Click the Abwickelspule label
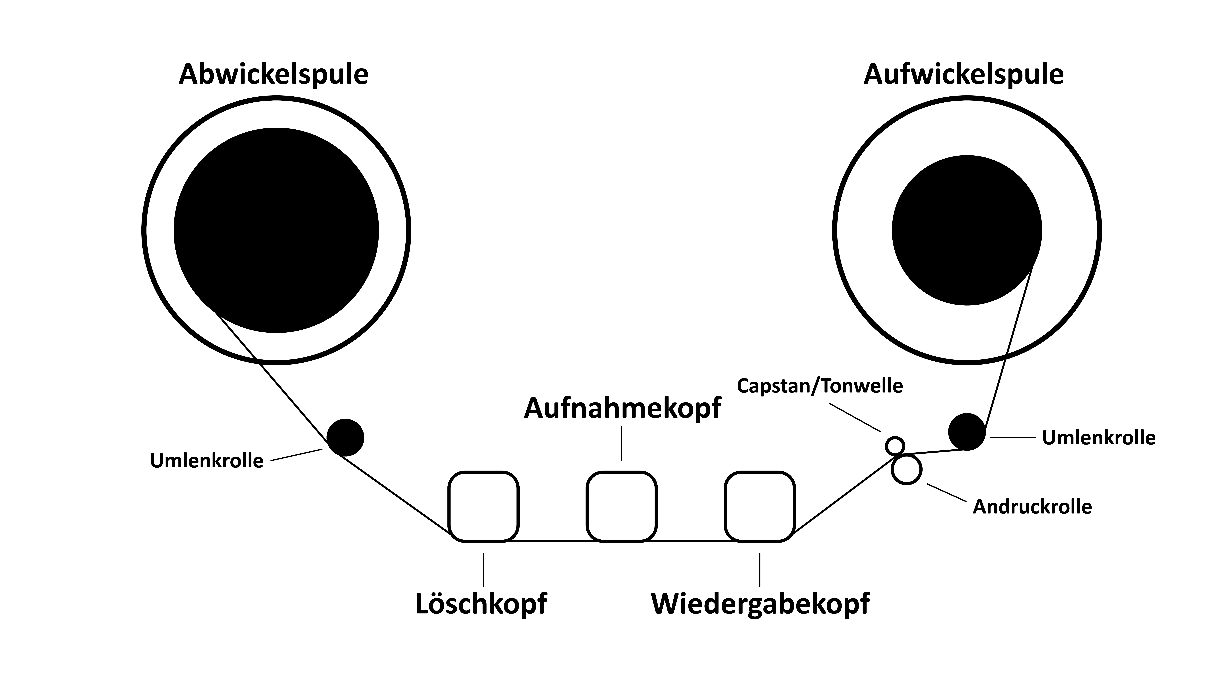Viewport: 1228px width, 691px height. (x=274, y=75)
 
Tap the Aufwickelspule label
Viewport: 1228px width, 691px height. (x=963, y=75)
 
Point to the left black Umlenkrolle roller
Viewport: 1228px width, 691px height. (x=345, y=437)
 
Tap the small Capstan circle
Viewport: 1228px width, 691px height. (x=895, y=445)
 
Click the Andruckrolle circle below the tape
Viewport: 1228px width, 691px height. (x=906, y=470)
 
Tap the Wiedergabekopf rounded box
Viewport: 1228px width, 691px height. (x=759, y=506)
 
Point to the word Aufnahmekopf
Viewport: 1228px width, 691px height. (x=622, y=409)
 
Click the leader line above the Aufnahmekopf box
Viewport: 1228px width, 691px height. (x=622, y=443)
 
